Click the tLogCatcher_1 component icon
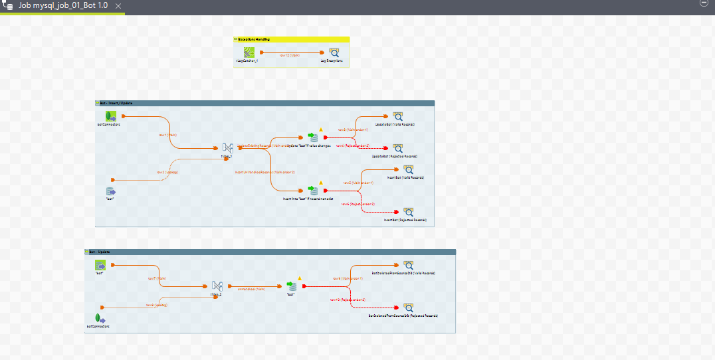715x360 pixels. pyautogui.click(x=249, y=52)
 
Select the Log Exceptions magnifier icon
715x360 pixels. pyautogui.click(x=334, y=52)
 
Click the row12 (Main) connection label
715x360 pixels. pyautogui.click(x=290, y=56)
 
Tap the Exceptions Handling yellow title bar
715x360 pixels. pyautogui.click(x=291, y=39)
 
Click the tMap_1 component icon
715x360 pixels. pyautogui.click(x=228, y=147)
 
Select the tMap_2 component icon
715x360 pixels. pyautogui.click(x=217, y=286)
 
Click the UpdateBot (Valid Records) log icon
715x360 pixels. pyautogui.click(x=397, y=116)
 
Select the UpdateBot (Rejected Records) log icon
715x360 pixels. pyautogui.click(x=397, y=148)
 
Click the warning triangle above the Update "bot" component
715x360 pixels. pyautogui.click(x=320, y=129)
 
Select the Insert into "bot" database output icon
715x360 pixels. pyautogui.click(x=314, y=191)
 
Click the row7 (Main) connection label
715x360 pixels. pyautogui.click(x=157, y=278)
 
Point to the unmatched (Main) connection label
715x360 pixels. pyautogui.click(x=247, y=289)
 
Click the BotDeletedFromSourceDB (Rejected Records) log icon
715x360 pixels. pyautogui.click(x=407, y=308)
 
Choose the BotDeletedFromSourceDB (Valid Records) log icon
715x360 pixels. pyautogui.click(x=407, y=265)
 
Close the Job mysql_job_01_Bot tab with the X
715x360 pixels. pyautogui.click(x=118, y=5)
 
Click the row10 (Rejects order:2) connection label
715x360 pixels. pyautogui.click(x=348, y=300)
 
